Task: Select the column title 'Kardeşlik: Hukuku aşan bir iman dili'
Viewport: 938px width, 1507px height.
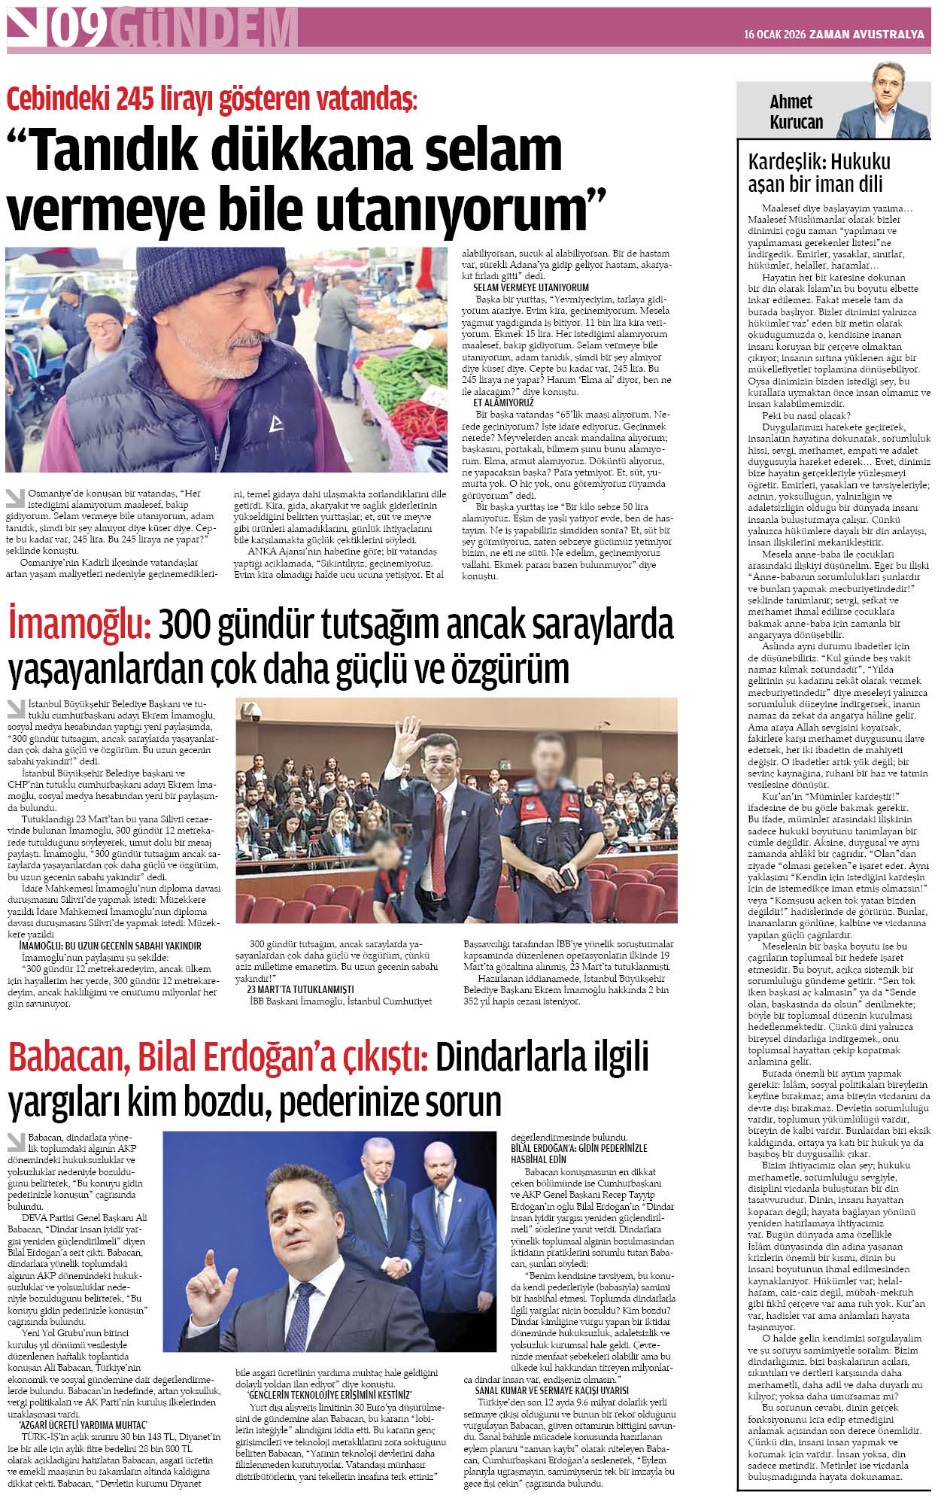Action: point(818,173)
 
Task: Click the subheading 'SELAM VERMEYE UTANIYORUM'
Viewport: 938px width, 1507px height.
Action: point(530,287)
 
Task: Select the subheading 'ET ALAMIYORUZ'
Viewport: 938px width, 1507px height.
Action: point(502,403)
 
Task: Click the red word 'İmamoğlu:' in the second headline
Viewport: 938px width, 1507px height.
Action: point(80,625)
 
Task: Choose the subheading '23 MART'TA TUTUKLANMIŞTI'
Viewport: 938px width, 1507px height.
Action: point(299,989)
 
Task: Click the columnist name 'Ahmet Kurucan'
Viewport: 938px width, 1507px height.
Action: point(796,111)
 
